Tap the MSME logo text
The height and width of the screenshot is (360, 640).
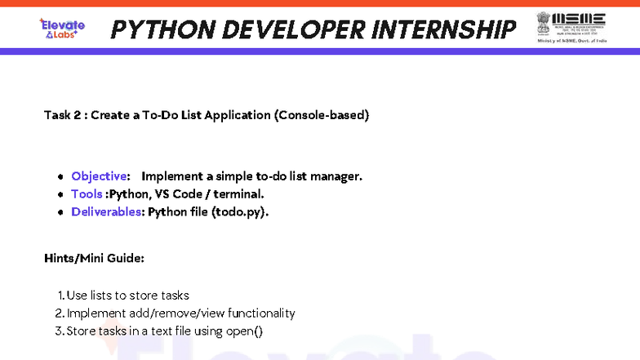click(579, 18)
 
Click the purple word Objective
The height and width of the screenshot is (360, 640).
click(99, 176)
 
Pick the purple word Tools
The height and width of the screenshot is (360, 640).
click(87, 194)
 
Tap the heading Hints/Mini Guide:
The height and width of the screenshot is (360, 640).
click(94, 258)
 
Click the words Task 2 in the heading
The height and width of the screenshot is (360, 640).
click(62, 115)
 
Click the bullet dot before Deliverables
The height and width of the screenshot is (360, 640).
click(60, 213)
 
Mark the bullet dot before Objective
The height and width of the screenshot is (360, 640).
click(60, 177)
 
